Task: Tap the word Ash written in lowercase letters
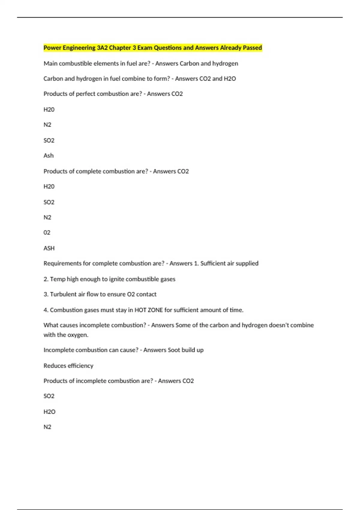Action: (49, 156)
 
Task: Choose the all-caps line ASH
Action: (49, 248)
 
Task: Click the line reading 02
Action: (47, 232)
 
